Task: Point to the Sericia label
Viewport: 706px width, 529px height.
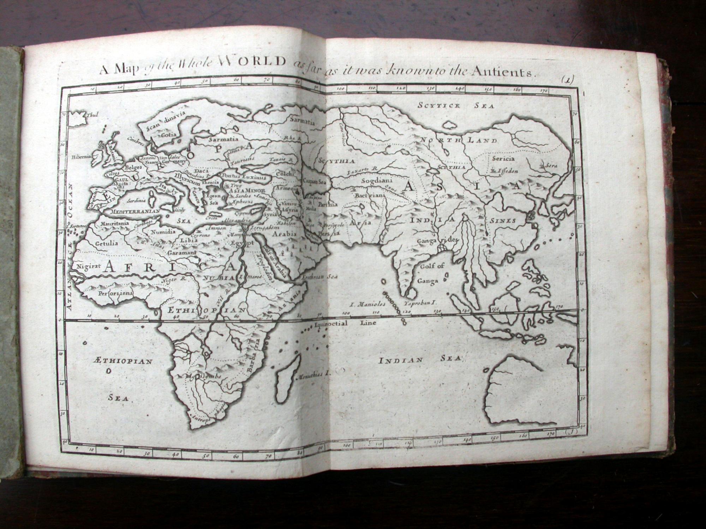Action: (503, 158)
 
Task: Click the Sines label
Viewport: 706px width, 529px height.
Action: (503, 221)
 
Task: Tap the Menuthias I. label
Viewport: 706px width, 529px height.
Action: (313, 376)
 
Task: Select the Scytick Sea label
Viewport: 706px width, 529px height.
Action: (456, 105)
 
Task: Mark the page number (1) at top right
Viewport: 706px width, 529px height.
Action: (568, 80)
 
